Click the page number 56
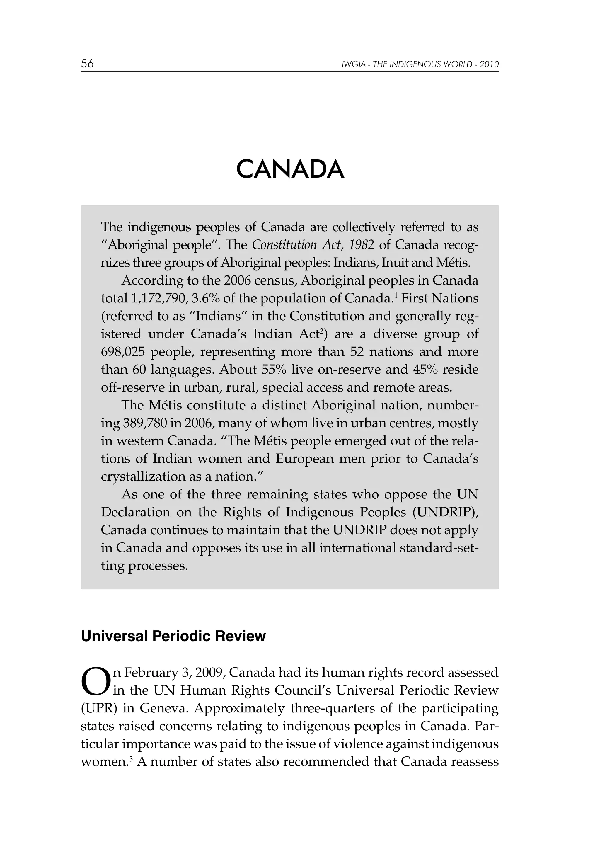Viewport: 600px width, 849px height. (x=87, y=64)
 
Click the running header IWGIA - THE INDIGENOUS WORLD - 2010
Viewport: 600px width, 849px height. (x=420, y=64)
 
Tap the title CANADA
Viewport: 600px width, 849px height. (x=290, y=169)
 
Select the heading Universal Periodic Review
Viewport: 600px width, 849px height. (x=173, y=636)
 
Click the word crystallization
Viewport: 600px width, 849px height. (x=142, y=477)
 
